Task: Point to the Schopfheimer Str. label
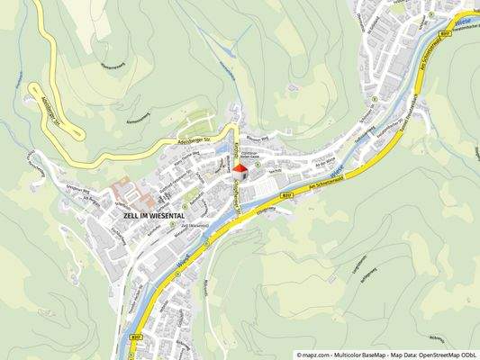point(238,193)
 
